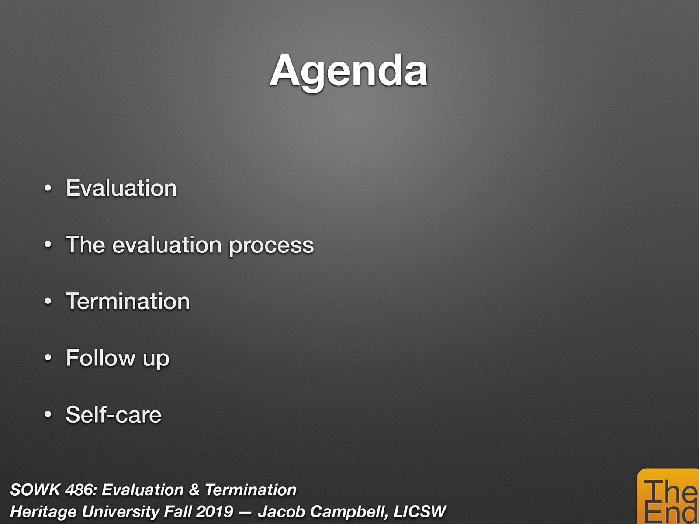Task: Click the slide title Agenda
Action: click(x=349, y=71)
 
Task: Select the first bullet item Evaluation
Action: click(x=121, y=188)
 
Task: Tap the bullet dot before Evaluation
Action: click(x=48, y=189)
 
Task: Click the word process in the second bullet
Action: click(x=271, y=245)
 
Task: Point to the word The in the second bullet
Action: click(x=86, y=245)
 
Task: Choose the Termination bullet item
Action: click(x=128, y=301)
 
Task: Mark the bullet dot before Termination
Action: click(x=48, y=302)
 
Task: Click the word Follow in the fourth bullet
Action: click(x=101, y=358)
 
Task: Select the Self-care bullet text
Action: click(x=114, y=414)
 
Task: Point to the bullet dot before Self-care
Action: click(x=48, y=415)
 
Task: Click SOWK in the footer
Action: click(x=35, y=490)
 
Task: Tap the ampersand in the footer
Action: click(x=194, y=490)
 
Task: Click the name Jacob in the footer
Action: click(x=281, y=512)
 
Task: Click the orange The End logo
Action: click(x=668, y=498)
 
